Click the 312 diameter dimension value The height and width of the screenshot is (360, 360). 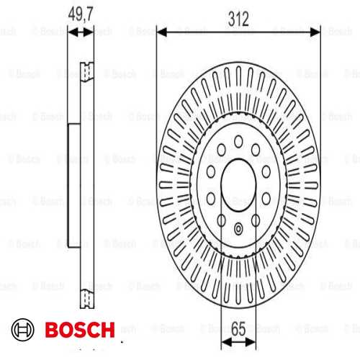tap(238, 19)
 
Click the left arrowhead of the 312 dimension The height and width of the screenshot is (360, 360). tap(160, 31)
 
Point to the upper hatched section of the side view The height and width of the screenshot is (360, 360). tap(86, 71)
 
